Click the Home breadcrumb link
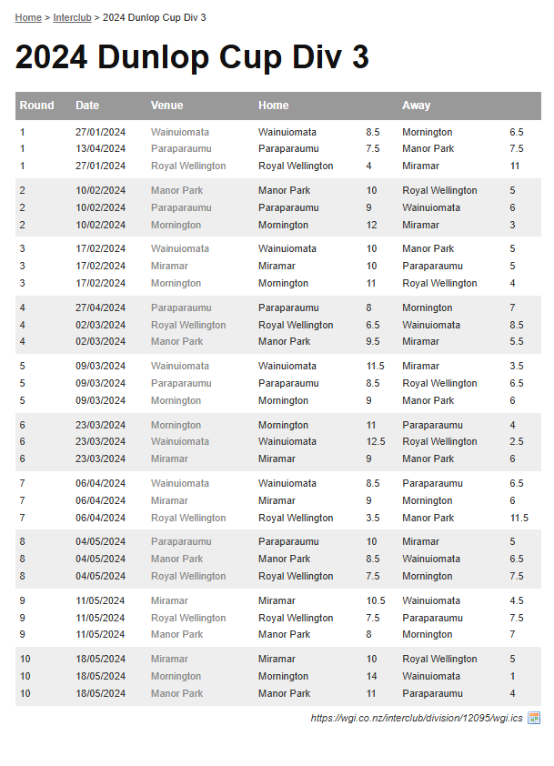pos(28,18)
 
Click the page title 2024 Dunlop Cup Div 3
pos(192,57)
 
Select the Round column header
pos(37,106)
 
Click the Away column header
pos(417,106)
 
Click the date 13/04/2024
pos(100,149)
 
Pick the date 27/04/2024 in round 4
pos(100,308)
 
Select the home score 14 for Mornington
pos(372,677)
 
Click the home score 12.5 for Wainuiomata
pos(376,442)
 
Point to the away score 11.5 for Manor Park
pos(519,519)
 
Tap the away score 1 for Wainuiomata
pos(512,677)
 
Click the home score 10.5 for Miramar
pos(376,601)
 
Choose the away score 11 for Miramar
pos(515,166)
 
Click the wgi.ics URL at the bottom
pos(417,719)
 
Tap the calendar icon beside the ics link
pos(534,719)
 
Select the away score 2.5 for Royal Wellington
pos(517,442)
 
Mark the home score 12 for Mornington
pos(372,226)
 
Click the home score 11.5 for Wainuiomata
pos(376,367)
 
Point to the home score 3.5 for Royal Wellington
pos(373,519)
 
